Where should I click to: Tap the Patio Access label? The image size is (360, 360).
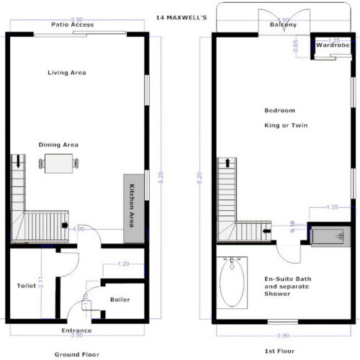pyautogui.click(x=72, y=24)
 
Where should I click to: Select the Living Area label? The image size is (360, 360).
pyautogui.click(x=68, y=73)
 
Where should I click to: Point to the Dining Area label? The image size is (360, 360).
pyautogui.click(x=58, y=145)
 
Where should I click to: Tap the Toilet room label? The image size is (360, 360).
pyautogui.click(x=26, y=286)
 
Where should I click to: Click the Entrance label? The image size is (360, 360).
pyautogui.click(x=76, y=330)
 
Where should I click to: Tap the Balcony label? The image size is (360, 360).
pyautogui.click(x=283, y=25)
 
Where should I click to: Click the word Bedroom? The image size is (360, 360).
pyautogui.click(x=280, y=110)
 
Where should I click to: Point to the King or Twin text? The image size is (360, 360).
pyautogui.click(x=282, y=125)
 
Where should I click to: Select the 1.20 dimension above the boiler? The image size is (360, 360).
pyautogui.click(x=123, y=264)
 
